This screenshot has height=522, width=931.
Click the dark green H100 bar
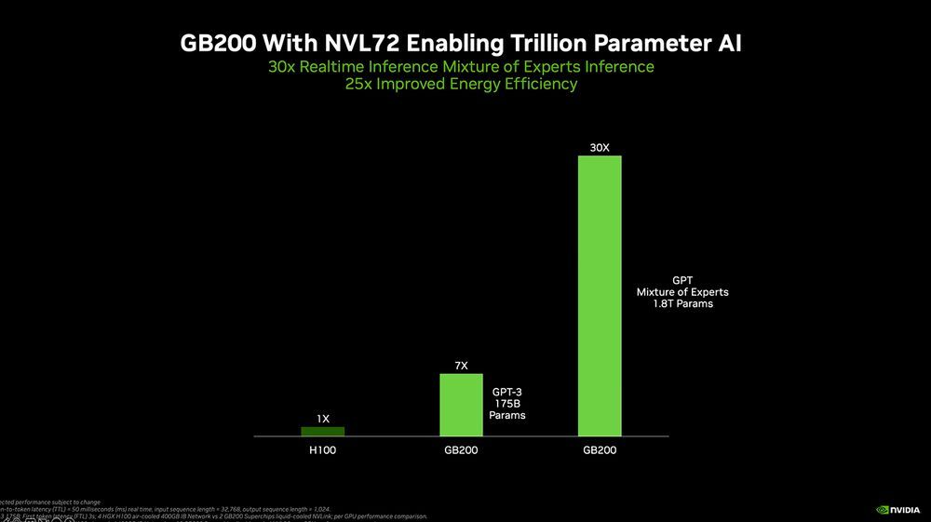coord(322,431)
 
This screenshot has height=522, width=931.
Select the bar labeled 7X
coord(461,405)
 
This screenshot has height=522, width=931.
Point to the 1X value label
coord(322,420)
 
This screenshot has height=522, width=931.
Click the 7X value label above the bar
coord(461,366)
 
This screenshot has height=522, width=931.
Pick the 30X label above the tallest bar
coord(600,147)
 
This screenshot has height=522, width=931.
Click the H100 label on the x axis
coord(322,450)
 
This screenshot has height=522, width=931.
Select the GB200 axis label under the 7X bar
coord(461,450)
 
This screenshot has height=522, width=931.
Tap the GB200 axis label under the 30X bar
coord(600,450)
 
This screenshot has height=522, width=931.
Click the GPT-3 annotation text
coord(506,392)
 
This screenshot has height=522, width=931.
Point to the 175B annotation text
coord(506,404)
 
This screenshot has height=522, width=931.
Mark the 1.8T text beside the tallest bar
coord(665,304)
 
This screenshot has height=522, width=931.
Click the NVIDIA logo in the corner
coord(897,509)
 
